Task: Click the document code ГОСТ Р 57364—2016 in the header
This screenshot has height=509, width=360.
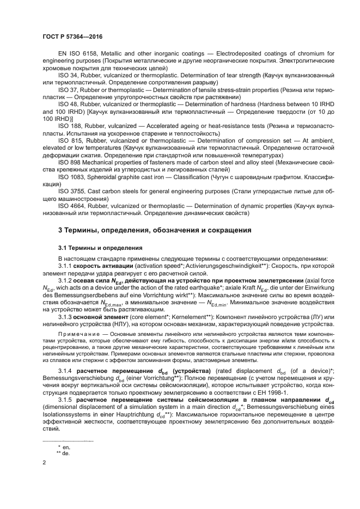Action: point(72,36)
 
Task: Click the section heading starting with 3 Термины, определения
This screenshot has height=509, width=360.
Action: point(154,230)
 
